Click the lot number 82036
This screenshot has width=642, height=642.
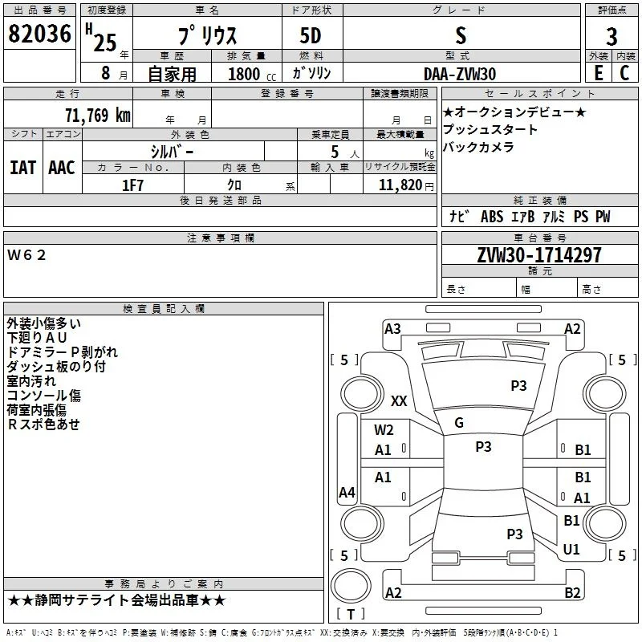point(39,34)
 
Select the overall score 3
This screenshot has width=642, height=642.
point(612,37)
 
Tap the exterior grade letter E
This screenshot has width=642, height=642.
point(599,73)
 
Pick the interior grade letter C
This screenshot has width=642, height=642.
point(624,73)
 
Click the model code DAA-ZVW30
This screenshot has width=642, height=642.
point(460,74)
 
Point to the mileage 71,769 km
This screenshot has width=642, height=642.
point(98,115)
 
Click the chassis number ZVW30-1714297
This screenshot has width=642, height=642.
point(539,255)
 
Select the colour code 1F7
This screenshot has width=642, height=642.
point(132,185)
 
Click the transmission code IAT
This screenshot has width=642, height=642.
point(22,168)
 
